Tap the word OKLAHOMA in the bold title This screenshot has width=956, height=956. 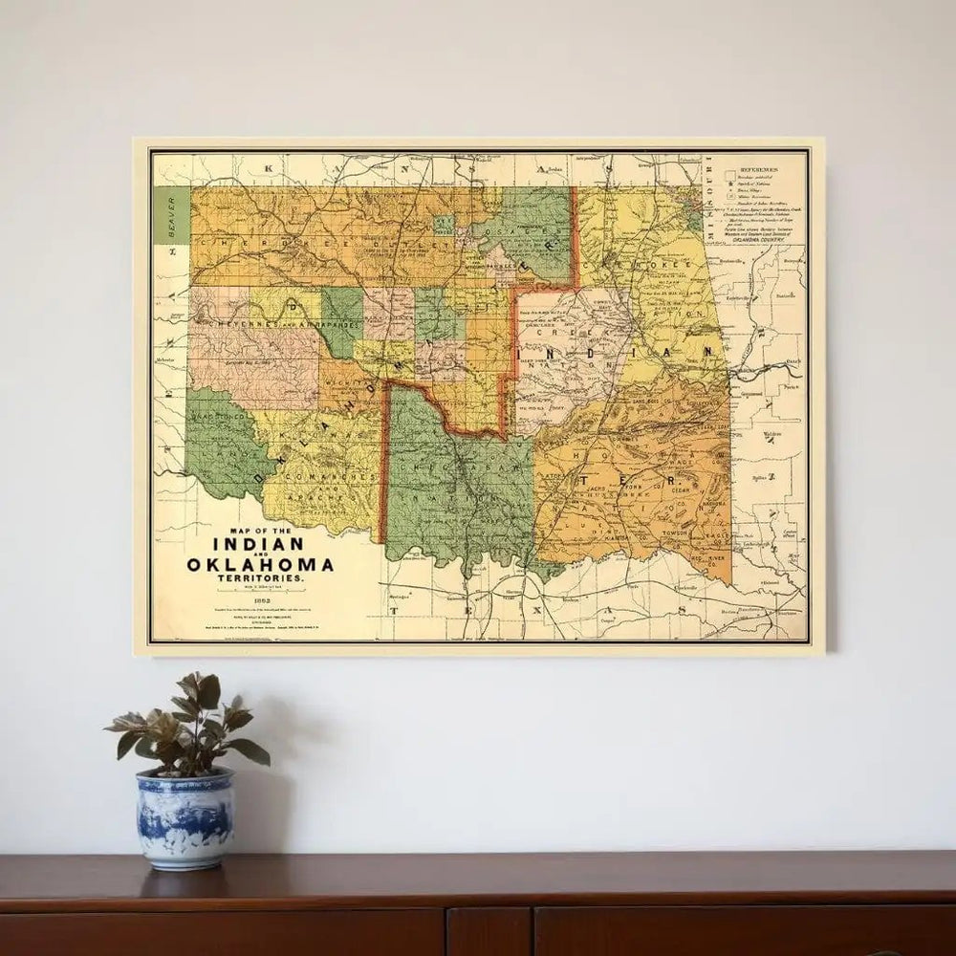point(261,564)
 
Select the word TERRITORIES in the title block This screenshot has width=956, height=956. point(261,580)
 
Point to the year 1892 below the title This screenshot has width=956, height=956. point(260,600)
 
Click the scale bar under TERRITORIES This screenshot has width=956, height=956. point(260,590)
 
